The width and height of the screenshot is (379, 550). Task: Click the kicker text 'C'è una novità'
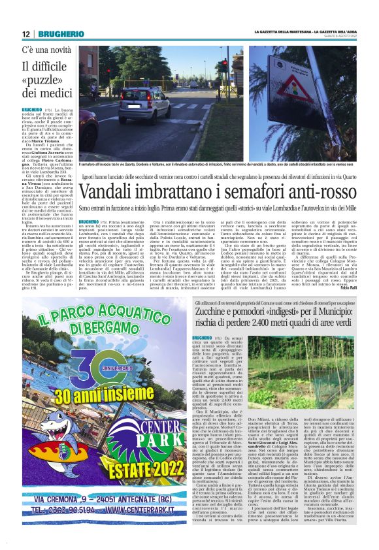pos(46,50)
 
